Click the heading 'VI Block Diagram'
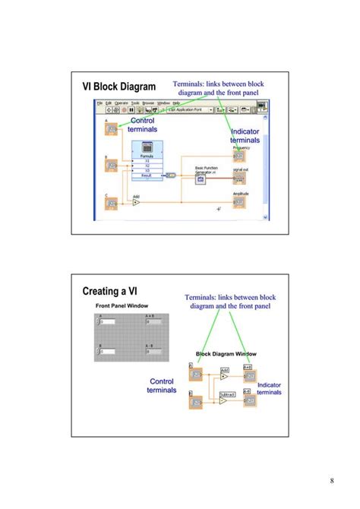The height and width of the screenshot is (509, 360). click(x=118, y=87)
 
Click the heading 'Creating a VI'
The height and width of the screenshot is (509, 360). click(x=111, y=292)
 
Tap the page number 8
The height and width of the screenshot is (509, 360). click(x=332, y=479)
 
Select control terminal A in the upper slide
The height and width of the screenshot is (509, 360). click(x=112, y=129)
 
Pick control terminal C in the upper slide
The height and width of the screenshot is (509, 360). click(x=112, y=203)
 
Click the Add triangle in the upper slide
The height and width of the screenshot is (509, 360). click(x=137, y=203)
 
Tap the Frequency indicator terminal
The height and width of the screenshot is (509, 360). click(x=239, y=156)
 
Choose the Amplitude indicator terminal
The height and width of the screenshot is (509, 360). click(x=239, y=203)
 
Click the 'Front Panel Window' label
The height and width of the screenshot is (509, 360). click(x=122, y=305)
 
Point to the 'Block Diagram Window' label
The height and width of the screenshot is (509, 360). click(x=226, y=354)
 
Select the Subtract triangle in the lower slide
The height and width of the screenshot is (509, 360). click(x=224, y=400)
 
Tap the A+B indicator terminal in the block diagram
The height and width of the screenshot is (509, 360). click(x=248, y=375)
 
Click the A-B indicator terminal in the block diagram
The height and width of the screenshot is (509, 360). click(x=248, y=400)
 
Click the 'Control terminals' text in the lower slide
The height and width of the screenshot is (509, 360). click(x=162, y=385)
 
